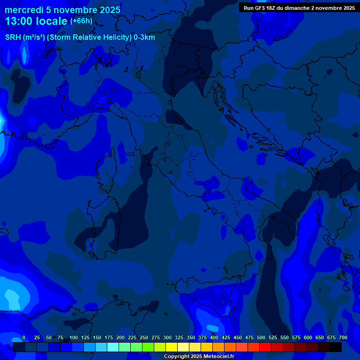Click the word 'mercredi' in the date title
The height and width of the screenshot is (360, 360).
[24, 10]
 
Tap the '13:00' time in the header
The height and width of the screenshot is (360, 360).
[19, 21]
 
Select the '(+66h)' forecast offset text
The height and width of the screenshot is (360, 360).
[81, 21]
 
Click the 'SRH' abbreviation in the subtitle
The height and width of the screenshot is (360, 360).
[13, 37]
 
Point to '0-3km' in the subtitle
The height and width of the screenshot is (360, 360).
[144, 37]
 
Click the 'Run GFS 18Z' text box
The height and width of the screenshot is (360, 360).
[299, 7]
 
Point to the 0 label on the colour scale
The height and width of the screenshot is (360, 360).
[24, 337]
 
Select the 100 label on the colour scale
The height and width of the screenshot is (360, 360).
[74, 337]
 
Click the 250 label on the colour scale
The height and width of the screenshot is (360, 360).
[144, 337]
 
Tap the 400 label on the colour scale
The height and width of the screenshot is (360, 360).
[214, 337]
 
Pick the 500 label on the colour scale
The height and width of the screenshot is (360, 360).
[261, 337]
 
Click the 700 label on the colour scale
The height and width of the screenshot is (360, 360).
[343, 337]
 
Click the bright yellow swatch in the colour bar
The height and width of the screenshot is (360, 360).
[172, 347]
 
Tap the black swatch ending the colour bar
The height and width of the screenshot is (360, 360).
[336, 347]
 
